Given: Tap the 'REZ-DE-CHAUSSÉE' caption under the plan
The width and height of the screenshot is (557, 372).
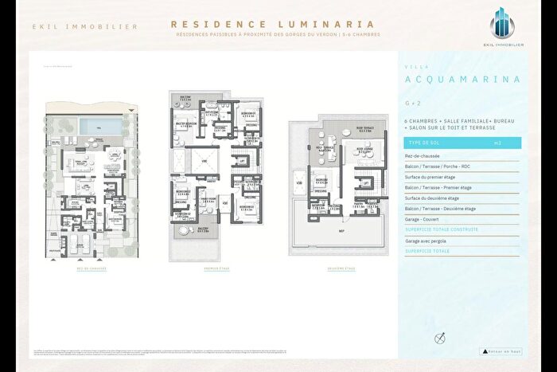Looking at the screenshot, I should (x=93, y=268).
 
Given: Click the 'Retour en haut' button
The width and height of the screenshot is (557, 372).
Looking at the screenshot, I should (x=501, y=350).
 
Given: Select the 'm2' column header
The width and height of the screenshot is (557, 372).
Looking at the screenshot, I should (x=497, y=143).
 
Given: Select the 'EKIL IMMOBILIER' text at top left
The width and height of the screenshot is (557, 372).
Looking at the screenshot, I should (x=85, y=26).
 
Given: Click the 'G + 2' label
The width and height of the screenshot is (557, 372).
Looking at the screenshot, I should (x=411, y=103).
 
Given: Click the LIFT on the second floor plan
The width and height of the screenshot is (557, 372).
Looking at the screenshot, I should (x=365, y=182).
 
